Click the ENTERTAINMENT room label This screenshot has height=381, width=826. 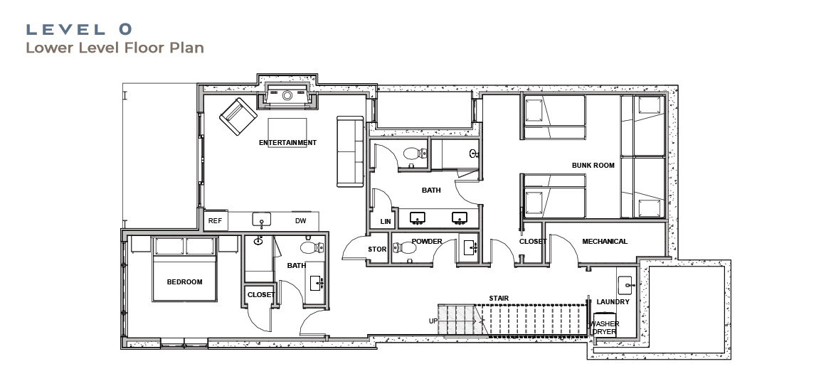tap(287, 143)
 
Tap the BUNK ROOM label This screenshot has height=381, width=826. tap(593, 165)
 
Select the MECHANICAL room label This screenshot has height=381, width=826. tap(605, 242)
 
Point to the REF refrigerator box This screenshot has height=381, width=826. tap(216, 221)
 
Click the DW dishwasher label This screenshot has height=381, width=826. tap(300, 221)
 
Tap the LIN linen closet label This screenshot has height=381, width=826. tap(386, 222)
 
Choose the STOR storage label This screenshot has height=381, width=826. tap(377, 249)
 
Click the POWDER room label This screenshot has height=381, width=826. tap(427, 242)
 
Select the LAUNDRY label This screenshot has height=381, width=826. tap(613, 302)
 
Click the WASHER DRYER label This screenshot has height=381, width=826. tap(605, 328)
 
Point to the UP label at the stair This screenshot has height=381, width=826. tap(433, 321)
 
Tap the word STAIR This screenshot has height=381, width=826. tap(498, 299)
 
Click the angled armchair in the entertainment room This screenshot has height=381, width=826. tap(238, 117)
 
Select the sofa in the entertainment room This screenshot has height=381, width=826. tap(350, 151)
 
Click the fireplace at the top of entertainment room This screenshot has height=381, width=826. tap(287, 95)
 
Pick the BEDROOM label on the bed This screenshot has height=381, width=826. tap(184, 282)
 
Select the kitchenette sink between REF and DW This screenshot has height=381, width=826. tap(262, 219)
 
